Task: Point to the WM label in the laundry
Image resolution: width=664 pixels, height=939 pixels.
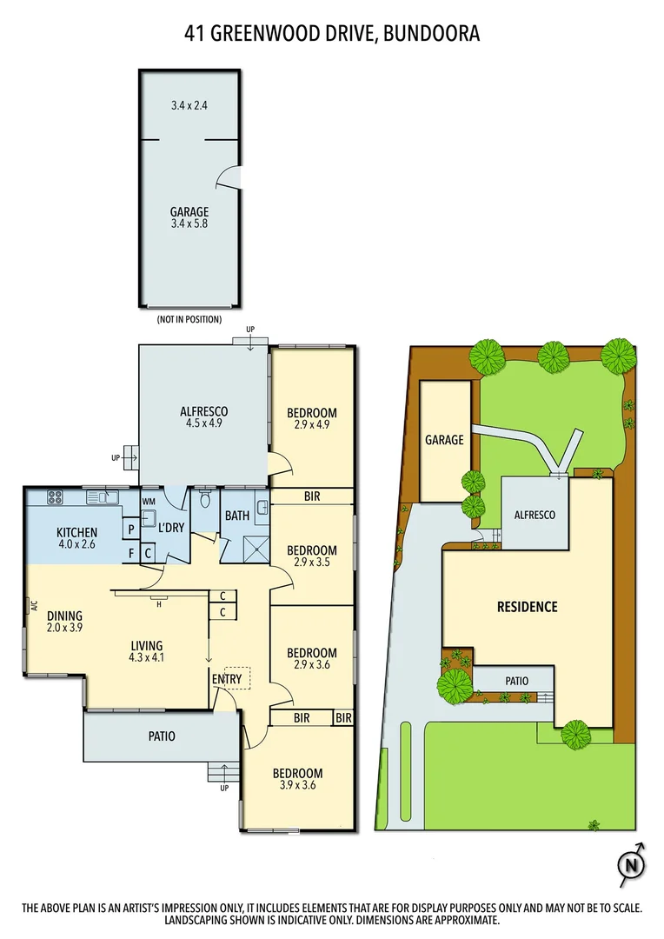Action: (x=148, y=500)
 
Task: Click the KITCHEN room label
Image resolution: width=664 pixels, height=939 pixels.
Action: (x=76, y=533)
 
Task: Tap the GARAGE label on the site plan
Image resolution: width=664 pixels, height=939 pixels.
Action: (x=444, y=440)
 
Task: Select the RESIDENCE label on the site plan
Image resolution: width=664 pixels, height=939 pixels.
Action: (x=527, y=606)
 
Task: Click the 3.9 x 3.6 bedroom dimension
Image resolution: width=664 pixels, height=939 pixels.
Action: (x=298, y=787)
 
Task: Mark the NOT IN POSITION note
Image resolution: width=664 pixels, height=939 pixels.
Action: (x=189, y=320)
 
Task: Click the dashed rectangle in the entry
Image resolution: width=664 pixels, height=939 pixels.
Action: (x=237, y=677)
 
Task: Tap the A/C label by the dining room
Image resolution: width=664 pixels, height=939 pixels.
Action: (x=32, y=606)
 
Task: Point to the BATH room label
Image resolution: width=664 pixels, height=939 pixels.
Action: (x=237, y=516)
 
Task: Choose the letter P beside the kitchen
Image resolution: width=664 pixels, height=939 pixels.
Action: (x=130, y=529)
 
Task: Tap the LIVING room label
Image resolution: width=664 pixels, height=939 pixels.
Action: (x=147, y=645)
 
